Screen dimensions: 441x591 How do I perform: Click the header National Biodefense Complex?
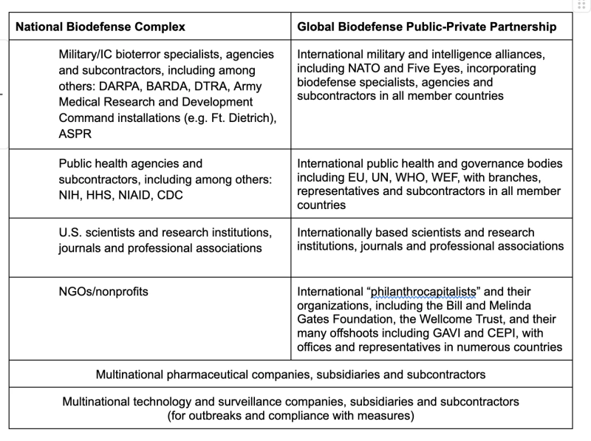(x=100, y=27)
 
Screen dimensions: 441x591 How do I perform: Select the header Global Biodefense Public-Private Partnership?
(x=426, y=27)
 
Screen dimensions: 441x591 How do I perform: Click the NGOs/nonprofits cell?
(x=103, y=292)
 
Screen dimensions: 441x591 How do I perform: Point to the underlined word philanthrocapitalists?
(x=425, y=292)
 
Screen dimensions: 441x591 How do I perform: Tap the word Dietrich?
(x=248, y=117)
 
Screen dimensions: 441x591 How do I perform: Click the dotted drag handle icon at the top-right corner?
(x=582, y=5)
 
